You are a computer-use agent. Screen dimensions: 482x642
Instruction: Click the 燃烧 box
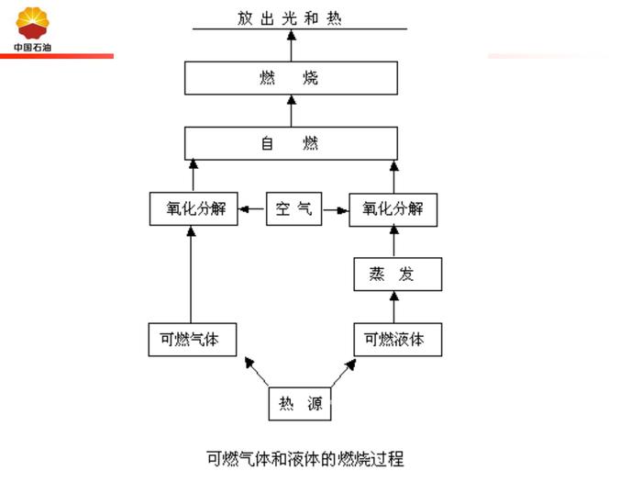[291, 78]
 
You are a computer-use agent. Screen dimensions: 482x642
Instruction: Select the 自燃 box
[291, 144]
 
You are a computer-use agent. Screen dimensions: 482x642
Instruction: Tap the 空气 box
[293, 209]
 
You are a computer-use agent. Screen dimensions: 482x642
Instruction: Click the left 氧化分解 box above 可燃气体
[192, 209]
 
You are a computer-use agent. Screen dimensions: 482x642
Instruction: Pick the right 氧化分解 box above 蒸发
[393, 209]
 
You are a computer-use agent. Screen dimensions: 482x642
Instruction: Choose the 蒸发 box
[397, 275]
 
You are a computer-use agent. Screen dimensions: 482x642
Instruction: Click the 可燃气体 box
[192, 339]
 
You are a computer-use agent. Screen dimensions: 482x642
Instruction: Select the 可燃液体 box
[395, 339]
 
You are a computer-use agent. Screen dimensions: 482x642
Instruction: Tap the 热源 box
[300, 402]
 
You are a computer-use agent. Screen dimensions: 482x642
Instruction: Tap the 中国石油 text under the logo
[33, 47]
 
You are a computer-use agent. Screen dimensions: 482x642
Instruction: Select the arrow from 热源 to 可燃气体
[257, 372]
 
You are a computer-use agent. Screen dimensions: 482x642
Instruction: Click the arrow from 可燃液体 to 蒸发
[395, 307]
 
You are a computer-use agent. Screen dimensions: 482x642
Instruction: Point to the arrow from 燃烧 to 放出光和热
[291, 46]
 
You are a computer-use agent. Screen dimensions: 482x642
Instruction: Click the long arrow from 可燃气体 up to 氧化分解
[192, 275]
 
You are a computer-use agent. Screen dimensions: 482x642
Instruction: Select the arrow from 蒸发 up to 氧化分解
[395, 241]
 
